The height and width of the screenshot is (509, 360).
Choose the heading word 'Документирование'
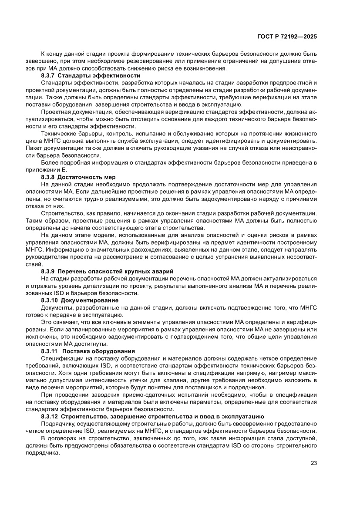pos(89,300)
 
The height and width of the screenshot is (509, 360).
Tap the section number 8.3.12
pos(50,417)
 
